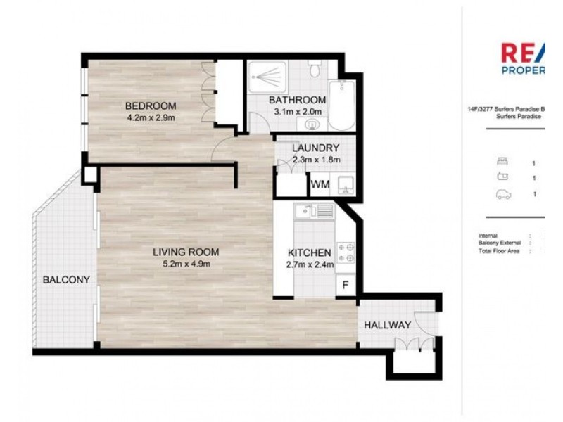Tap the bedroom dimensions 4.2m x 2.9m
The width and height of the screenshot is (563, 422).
[149, 117]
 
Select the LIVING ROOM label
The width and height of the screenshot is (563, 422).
[187, 252]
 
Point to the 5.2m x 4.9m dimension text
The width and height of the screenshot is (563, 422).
[187, 264]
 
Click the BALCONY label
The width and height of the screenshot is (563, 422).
[66, 279]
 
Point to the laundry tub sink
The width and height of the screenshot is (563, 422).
[344, 185]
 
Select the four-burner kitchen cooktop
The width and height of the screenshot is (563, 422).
[345, 252]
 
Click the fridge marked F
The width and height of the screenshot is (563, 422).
[345, 285]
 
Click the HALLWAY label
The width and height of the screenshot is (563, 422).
[387, 325]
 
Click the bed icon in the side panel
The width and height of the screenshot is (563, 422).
[502, 162]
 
